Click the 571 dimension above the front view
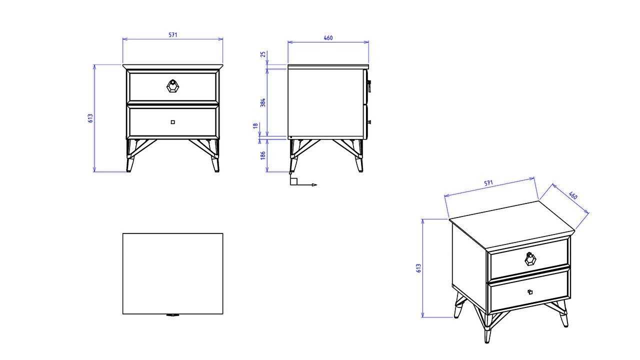coord(173,35)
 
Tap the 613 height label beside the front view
coord(90,118)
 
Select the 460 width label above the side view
coord(328,37)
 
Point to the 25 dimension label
coord(263,54)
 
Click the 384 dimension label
coord(263,102)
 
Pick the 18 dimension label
coord(255,125)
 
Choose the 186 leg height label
coord(263,155)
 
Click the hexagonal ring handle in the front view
coord(172,86)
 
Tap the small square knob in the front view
coord(173,122)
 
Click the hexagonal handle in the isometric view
coord(530,259)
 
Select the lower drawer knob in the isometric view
coord(530,291)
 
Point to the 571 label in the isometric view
coord(488,183)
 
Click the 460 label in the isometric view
coord(573,195)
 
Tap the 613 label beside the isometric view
coord(418,268)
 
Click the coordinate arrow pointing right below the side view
coord(307,185)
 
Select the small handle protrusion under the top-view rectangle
coord(172,315)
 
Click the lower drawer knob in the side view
coord(369,122)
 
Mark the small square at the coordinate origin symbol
coord(294,181)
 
